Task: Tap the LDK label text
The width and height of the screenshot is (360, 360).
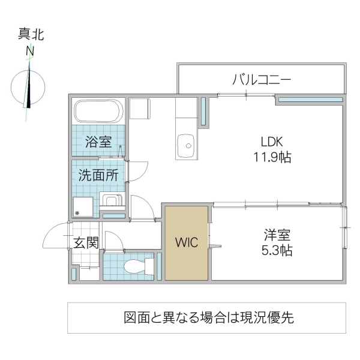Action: (x=271, y=142)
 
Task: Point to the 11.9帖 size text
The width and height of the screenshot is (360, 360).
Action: (x=271, y=158)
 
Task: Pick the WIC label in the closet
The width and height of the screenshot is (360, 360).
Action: (x=187, y=242)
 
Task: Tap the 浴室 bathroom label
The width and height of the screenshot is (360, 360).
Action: (x=98, y=142)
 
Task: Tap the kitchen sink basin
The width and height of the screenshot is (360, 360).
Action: (x=187, y=144)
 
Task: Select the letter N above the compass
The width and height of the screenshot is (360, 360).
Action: (x=29, y=53)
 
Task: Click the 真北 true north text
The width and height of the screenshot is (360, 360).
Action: (x=31, y=35)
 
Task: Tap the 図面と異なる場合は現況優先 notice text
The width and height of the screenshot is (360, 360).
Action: (x=208, y=317)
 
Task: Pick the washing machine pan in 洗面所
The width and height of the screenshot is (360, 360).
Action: (x=83, y=208)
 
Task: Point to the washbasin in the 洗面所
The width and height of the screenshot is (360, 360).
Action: (x=111, y=200)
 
